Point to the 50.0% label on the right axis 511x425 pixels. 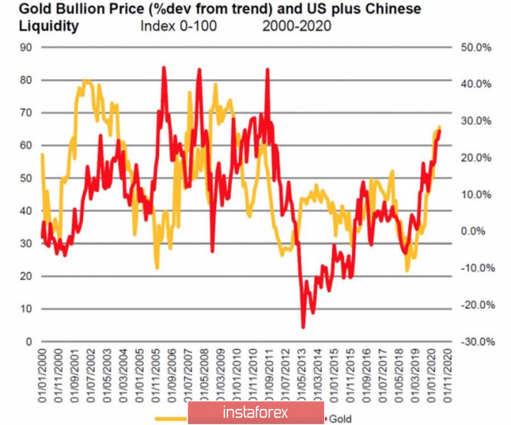[476, 47]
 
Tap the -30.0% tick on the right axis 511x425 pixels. [475, 341]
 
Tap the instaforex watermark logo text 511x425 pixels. [254, 413]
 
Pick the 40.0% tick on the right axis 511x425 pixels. [476, 84]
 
